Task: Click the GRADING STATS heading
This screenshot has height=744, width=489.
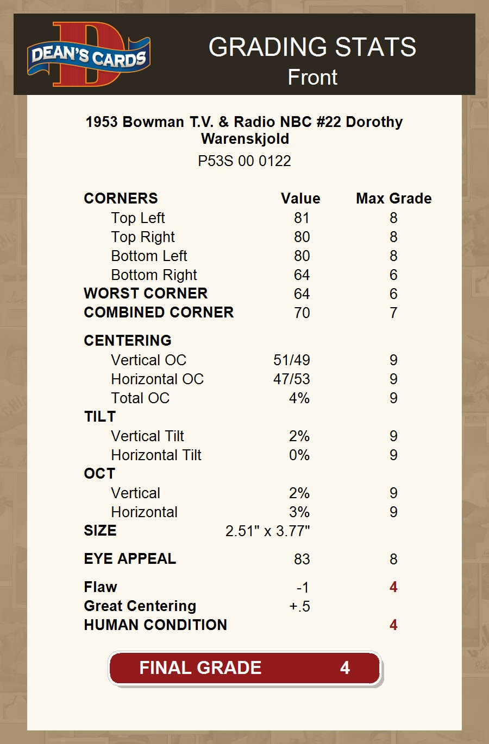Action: click(x=312, y=48)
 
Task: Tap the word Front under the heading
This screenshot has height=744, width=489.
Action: click(x=312, y=78)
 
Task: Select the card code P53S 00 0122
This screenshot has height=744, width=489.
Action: click(x=244, y=161)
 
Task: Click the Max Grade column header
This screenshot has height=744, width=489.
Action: click(x=393, y=199)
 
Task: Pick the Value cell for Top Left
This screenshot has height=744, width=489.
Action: click(x=302, y=218)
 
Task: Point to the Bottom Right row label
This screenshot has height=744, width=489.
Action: click(x=154, y=275)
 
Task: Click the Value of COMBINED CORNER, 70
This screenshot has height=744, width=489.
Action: click(x=302, y=313)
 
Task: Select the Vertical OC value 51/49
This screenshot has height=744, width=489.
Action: click(x=291, y=360)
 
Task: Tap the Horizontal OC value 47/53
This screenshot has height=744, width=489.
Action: click(x=291, y=379)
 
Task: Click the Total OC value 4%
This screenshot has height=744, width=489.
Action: click(x=299, y=398)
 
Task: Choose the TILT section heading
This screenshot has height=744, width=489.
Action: click(x=100, y=417)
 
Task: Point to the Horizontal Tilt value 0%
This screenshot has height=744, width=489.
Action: click(x=299, y=455)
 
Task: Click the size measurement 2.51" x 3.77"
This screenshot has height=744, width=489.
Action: click(x=267, y=531)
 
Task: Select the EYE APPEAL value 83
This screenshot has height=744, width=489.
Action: click(x=302, y=559)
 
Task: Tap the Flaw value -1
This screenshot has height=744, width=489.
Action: click(x=303, y=588)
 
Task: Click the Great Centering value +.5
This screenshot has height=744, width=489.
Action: click(x=299, y=607)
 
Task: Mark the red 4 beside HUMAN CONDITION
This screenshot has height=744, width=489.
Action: click(x=393, y=625)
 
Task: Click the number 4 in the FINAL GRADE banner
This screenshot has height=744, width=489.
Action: click(x=345, y=668)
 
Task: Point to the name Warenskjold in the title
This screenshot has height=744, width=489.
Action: click(x=245, y=139)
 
